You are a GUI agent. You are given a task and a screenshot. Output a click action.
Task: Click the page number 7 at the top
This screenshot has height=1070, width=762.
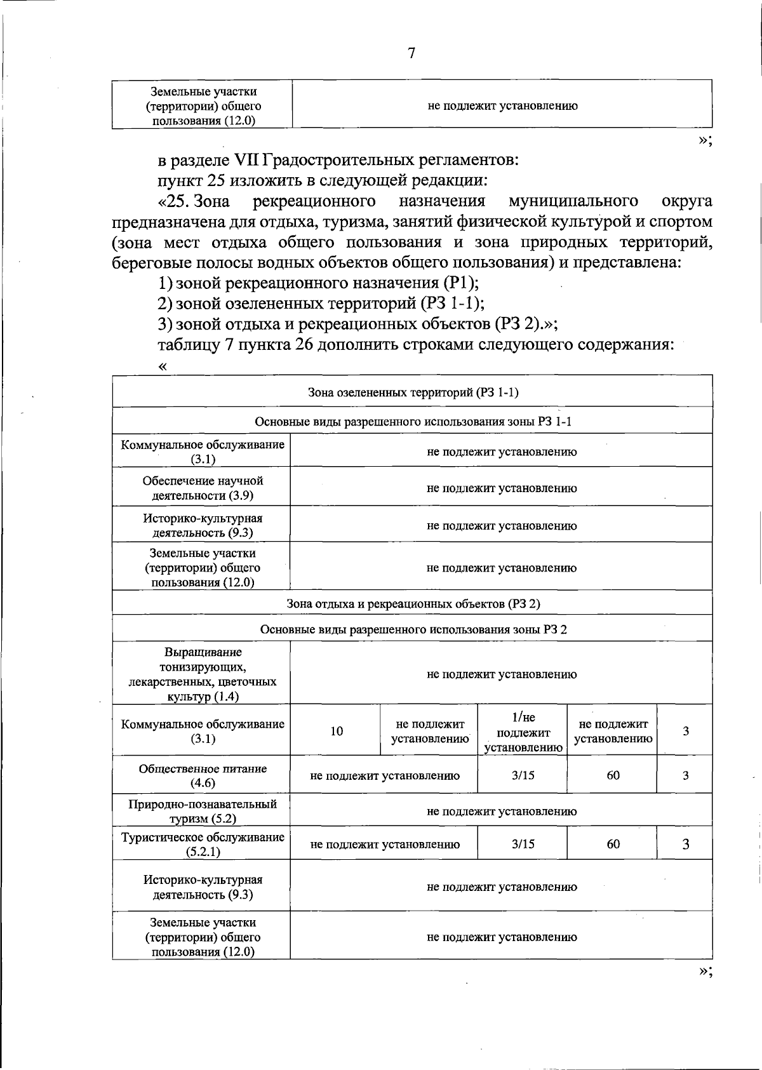coord(411,53)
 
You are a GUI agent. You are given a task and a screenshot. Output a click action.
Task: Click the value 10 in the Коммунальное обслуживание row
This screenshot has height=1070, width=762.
coord(337,732)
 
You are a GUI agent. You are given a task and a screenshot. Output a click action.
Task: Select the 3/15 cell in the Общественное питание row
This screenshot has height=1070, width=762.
coord(523,775)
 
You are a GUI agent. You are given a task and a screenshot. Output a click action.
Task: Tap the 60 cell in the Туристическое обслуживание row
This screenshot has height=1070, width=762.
coord(613,844)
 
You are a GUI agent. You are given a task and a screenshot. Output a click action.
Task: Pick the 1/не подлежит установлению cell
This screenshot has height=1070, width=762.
coord(523,732)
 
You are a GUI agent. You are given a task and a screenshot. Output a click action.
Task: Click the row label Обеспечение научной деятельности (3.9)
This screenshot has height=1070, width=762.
coord(203,488)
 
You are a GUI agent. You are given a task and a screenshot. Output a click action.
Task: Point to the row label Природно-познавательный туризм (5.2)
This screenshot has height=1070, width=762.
coord(203,811)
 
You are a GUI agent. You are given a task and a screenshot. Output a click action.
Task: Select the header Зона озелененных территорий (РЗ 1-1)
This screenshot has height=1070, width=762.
coord(413,392)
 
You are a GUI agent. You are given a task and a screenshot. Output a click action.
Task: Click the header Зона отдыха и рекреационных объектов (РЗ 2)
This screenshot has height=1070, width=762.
coord(413,603)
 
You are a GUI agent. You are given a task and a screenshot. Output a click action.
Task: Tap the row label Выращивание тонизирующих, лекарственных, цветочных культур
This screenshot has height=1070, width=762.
coord(203,674)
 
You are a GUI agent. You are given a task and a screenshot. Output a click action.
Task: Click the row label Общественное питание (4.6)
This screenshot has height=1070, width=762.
coord(203,775)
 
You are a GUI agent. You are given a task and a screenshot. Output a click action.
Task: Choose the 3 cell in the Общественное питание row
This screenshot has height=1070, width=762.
coord(685,775)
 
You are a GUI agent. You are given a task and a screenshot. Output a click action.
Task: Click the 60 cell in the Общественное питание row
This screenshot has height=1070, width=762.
coord(613,775)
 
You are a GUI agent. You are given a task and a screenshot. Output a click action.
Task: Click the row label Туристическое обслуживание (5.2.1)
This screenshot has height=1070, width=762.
coord(203,844)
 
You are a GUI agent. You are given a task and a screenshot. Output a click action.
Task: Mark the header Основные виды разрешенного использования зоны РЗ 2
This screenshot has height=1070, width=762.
coord(413,629)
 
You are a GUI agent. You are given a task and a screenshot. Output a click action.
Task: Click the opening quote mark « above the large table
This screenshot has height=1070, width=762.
coord(163,366)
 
